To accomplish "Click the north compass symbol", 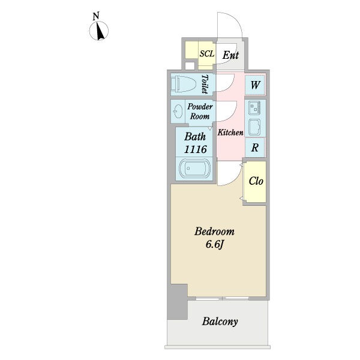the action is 99,31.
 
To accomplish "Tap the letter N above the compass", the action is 96,16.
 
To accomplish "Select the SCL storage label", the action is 207,54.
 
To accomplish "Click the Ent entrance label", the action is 230,55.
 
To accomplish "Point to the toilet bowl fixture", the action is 184,84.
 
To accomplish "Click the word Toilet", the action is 205,84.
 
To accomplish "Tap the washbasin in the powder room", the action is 178,112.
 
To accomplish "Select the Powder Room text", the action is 200,112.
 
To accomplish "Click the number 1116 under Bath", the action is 196,149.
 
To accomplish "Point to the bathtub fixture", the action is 194,169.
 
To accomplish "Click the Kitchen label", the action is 230,133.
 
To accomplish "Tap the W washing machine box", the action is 255,85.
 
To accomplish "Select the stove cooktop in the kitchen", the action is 254,108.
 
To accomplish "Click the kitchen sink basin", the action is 254,127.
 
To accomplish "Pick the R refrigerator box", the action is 255,148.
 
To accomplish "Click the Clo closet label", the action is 256,181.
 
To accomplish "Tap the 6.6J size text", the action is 214,245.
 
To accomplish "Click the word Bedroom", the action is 214,232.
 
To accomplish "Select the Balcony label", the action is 220,322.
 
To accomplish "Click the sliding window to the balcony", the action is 222,298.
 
